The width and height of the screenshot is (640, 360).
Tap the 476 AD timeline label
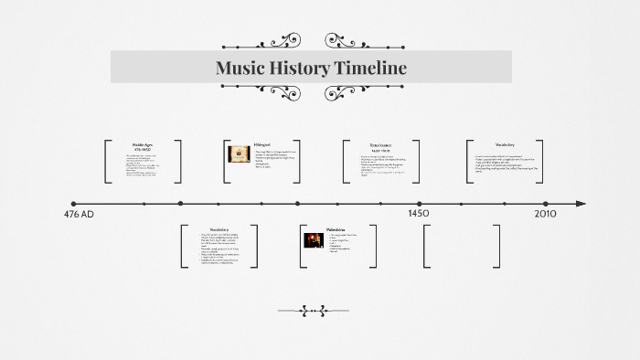tap(79, 215)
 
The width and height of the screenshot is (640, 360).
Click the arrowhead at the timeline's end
tap(581, 204)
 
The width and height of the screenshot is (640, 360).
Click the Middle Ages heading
tap(143, 144)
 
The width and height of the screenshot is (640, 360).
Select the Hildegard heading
tap(262, 144)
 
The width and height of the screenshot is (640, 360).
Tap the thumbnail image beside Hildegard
tap(239, 154)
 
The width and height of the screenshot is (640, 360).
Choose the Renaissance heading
tap(379, 144)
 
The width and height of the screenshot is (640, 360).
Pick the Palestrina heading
tap(336, 229)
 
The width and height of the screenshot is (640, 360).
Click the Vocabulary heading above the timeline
tap(505, 144)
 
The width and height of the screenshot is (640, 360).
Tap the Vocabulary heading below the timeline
tap(219, 229)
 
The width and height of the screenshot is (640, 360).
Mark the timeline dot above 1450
tap(420, 204)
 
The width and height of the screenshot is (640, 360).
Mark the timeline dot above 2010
tap(546, 204)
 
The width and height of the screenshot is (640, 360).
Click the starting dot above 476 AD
tap(73, 204)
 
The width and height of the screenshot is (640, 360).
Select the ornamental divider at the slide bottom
tap(314, 311)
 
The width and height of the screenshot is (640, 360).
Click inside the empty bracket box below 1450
tap(462, 246)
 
